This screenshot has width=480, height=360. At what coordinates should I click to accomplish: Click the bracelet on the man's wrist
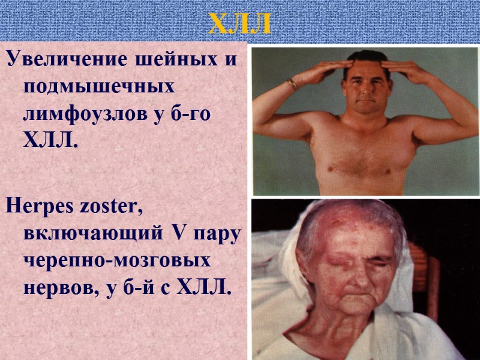(x=292, y=84)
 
